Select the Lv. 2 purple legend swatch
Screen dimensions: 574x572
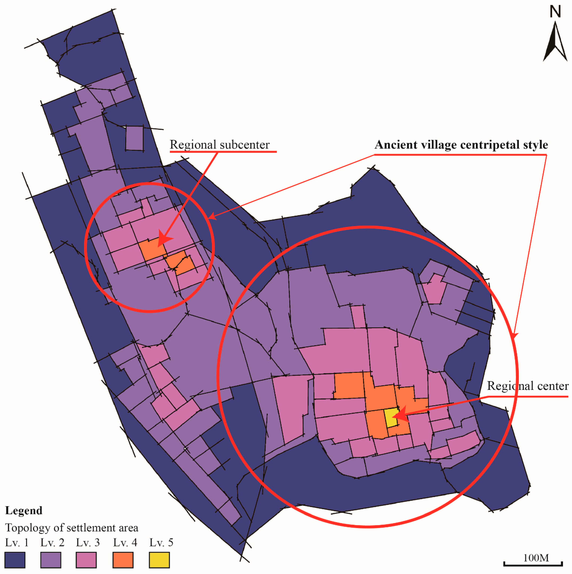pos(51,560)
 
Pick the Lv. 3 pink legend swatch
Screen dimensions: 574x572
pos(86,560)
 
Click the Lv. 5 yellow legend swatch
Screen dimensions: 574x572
pos(159,560)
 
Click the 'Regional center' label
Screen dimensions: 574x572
pos(527,386)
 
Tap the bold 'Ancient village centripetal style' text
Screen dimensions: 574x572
pos(461,145)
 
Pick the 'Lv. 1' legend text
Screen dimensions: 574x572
pos(17,543)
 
